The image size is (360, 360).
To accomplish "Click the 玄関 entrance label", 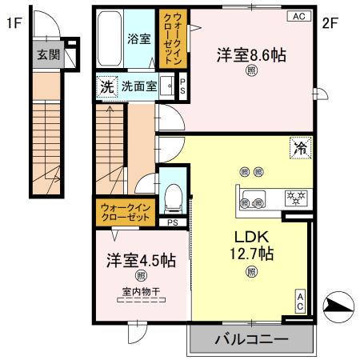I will pos(44,54).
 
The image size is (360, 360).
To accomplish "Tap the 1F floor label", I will pos(13,23).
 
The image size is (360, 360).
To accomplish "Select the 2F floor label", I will pos(330,23).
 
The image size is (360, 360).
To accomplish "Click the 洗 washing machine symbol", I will pos(106,86).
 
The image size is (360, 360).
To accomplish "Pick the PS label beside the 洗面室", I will pos(183,86).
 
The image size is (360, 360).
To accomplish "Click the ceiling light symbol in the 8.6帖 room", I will pos(250,70).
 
